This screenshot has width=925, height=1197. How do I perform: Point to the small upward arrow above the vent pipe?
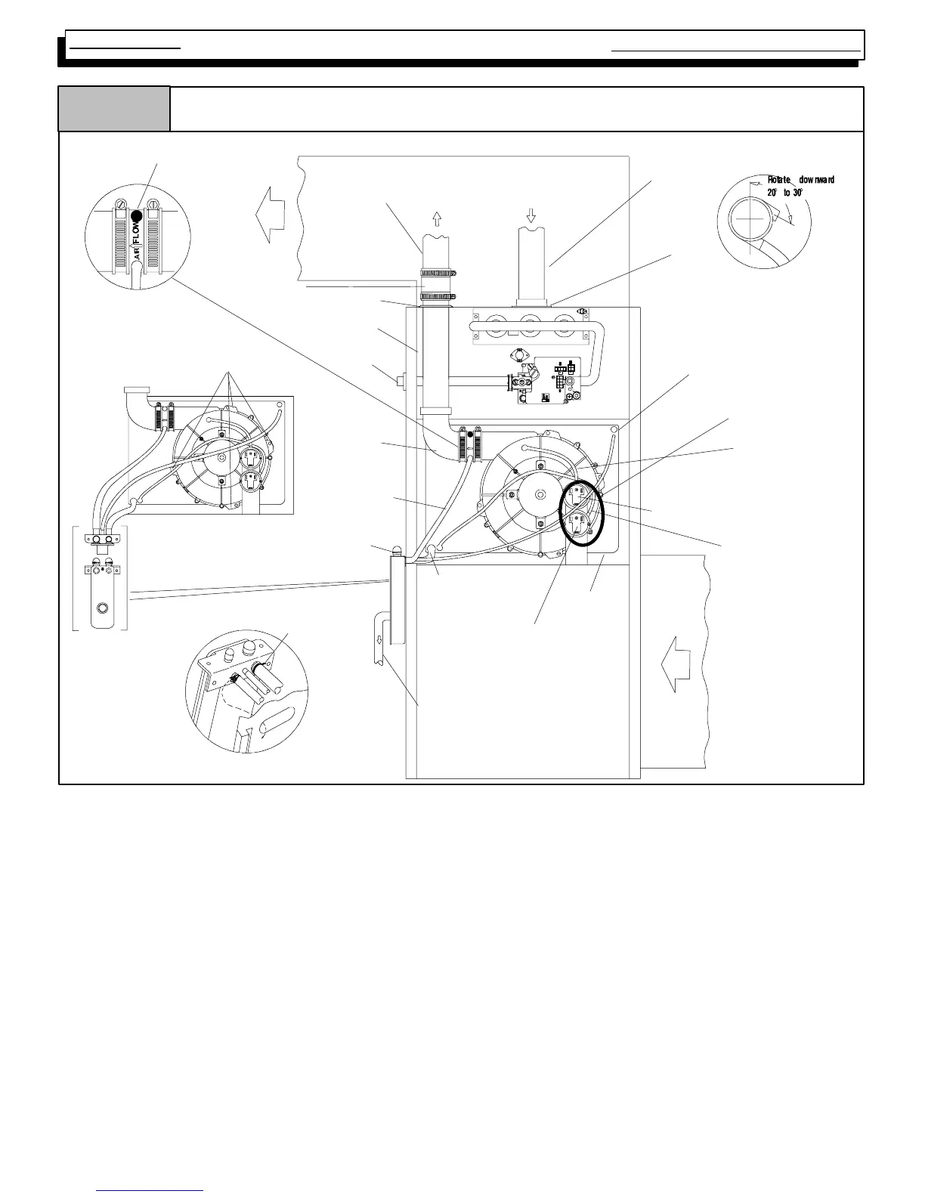[x=437, y=218]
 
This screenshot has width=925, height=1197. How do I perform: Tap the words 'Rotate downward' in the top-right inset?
[x=800, y=180]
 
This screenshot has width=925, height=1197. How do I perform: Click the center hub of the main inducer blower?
[x=538, y=495]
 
